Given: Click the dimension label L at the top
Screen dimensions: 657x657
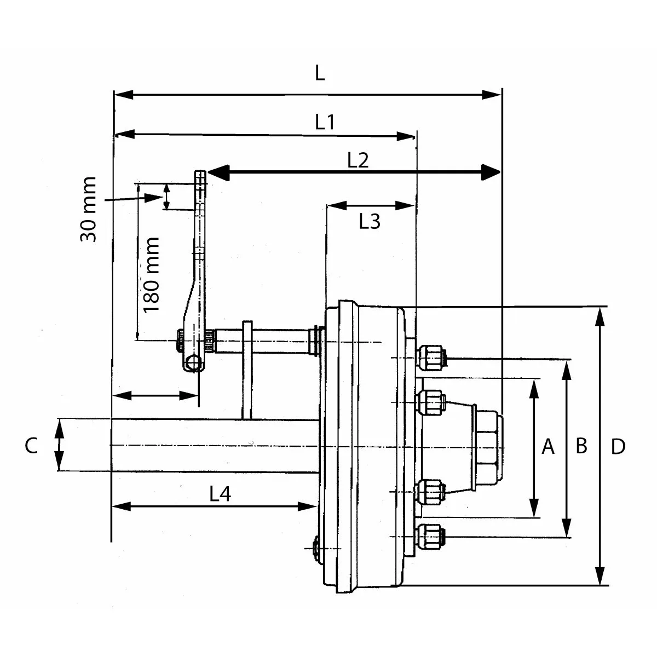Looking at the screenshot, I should pyautogui.click(x=320, y=73).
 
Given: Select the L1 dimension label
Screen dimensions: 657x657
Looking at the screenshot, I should pyautogui.click(x=325, y=122).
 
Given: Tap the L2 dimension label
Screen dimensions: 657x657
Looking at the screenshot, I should pyautogui.click(x=359, y=160).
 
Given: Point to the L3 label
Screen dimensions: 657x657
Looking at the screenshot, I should pyautogui.click(x=370, y=222).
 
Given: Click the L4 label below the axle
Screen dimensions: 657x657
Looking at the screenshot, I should pyautogui.click(x=220, y=494).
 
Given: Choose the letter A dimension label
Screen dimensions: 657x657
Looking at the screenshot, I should pyautogui.click(x=548, y=447).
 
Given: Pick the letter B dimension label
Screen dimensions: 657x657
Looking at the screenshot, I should pyautogui.click(x=581, y=446).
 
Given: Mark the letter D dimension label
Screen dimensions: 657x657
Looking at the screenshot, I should pyautogui.click(x=618, y=447).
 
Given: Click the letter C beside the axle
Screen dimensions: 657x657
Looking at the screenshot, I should pyautogui.click(x=31, y=446).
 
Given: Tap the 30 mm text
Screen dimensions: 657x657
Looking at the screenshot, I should pyautogui.click(x=88, y=209).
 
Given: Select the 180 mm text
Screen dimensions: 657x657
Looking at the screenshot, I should pyautogui.click(x=151, y=274).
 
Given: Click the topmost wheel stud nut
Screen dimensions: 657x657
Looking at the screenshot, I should pyautogui.click(x=430, y=358).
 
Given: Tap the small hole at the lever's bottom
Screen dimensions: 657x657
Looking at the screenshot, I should pyautogui.click(x=192, y=363).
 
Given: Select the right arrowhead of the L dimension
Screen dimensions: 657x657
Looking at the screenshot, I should pyautogui.click(x=493, y=95).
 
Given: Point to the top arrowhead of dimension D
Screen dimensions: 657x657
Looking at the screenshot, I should pyautogui.click(x=601, y=315).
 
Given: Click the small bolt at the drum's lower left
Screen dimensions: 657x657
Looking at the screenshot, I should pyautogui.click(x=316, y=547).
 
